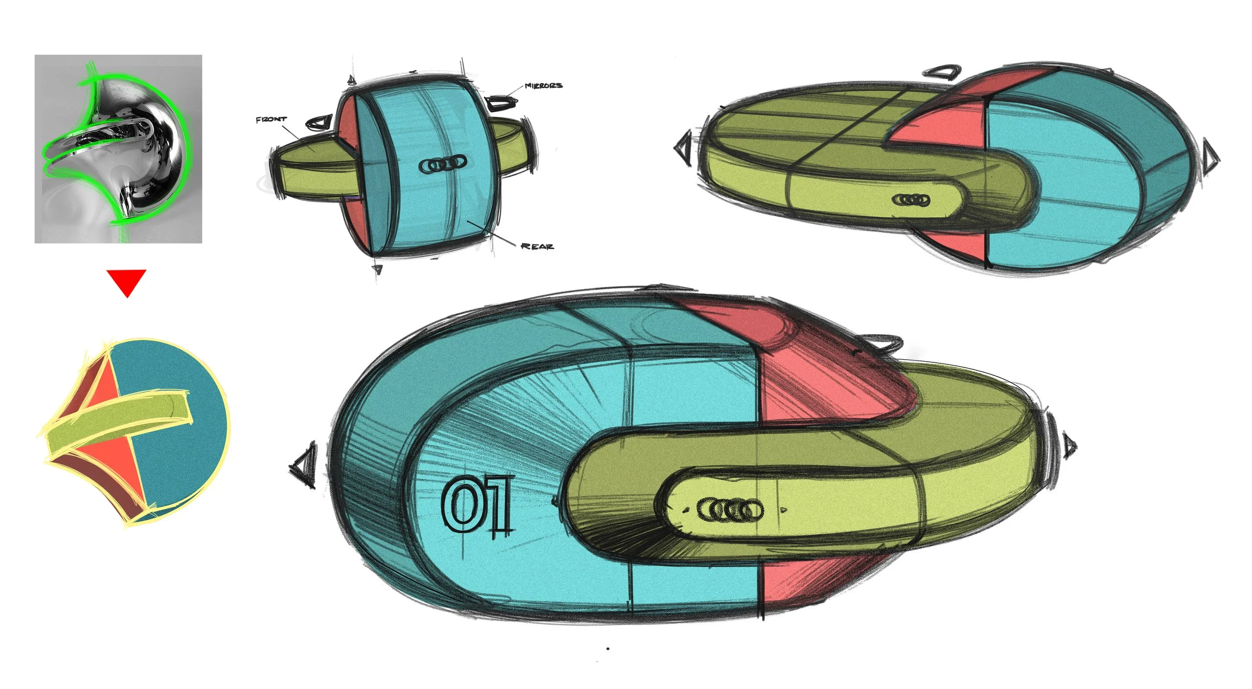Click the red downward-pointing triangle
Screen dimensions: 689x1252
tap(126, 282)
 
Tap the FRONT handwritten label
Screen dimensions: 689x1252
tap(271, 119)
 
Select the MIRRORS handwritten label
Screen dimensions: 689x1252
tap(543, 86)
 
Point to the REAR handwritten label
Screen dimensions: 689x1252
tap(537, 246)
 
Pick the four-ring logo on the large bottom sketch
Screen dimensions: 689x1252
tap(730, 511)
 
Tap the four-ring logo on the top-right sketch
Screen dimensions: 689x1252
tap(910, 200)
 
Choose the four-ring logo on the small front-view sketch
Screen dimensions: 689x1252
tap(442, 163)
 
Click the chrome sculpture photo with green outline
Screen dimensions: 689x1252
tap(118, 149)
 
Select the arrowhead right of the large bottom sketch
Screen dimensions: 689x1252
tap(1069, 445)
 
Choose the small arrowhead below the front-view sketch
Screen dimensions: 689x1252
tap(378, 270)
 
